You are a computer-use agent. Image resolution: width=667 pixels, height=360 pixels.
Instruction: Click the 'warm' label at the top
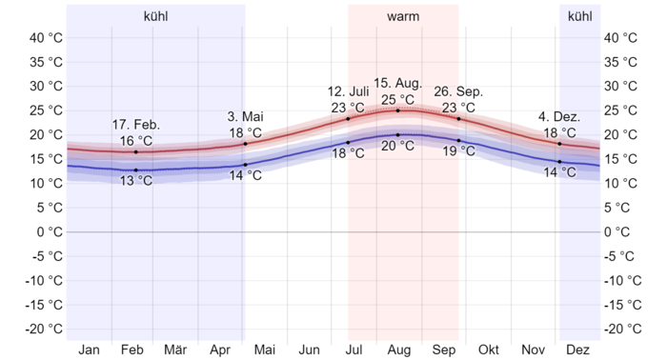pos(403,17)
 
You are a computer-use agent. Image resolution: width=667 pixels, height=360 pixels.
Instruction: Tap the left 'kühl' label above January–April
pos(156,17)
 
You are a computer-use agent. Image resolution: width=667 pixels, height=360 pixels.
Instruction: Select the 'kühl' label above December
pos(579,17)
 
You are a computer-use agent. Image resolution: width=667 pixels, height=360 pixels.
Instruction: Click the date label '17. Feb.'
pos(136,125)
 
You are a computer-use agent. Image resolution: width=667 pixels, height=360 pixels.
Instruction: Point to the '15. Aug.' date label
pos(398,84)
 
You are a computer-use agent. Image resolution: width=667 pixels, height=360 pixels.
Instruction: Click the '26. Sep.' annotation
pos(459,91)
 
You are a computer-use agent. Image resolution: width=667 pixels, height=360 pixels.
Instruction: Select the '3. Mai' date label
pos(246,117)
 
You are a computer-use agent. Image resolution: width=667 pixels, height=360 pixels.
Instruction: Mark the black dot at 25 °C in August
pos(398,110)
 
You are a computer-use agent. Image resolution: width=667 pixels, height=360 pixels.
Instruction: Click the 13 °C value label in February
pos(136,181)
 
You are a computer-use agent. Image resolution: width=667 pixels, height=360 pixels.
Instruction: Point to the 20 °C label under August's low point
pos(398,146)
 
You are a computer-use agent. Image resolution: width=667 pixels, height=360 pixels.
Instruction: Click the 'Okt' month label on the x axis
pos(489,349)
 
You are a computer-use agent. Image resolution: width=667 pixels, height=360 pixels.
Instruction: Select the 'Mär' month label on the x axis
pos(175,349)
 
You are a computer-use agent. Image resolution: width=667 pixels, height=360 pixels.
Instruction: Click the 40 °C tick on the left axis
pos(46,38)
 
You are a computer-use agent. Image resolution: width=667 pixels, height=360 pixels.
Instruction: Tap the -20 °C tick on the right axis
pos(623,329)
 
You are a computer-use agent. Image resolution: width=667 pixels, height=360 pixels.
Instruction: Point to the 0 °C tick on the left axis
pos(50,231)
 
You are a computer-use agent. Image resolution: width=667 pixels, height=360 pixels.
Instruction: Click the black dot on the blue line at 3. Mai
pos(245,165)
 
